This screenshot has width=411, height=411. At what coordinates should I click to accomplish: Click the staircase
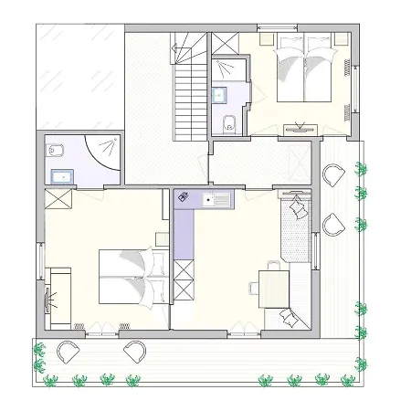[190, 90]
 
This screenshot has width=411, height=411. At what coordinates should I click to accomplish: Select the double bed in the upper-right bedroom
[300, 71]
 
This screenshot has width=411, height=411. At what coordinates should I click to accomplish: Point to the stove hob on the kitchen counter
[184, 198]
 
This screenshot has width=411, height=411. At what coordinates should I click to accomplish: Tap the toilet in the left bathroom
[56, 150]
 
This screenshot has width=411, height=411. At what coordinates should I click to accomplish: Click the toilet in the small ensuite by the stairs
[229, 124]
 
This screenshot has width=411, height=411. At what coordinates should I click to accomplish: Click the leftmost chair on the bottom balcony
[68, 350]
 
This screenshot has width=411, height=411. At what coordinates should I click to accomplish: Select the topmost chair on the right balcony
[334, 174]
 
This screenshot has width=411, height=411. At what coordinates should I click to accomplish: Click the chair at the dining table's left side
[253, 287]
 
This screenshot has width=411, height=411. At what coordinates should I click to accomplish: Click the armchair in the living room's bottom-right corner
[291, 316]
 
